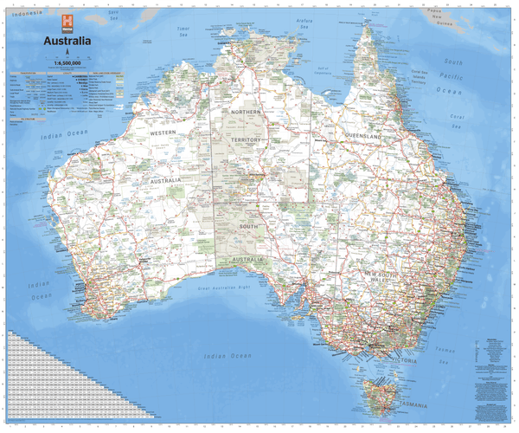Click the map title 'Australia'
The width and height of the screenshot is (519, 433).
[62, 40]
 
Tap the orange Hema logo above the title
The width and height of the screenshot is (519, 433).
[67, 23]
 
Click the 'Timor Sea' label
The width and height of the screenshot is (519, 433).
[183, 31]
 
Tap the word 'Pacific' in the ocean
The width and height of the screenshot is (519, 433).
[452, 76]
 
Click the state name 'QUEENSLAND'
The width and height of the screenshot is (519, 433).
[363, 137]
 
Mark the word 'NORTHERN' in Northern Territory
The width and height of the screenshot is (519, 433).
[246, 113]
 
